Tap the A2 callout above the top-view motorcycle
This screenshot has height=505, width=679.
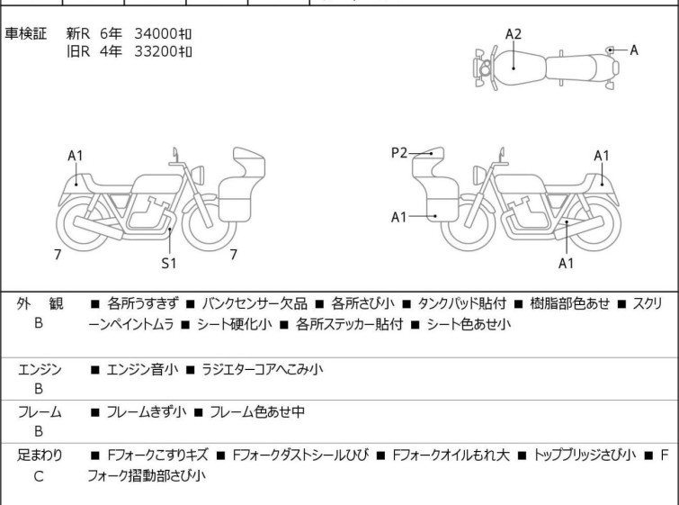pos(513,34)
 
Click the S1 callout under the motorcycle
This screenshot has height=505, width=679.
pos(168,264)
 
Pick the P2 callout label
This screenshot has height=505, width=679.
pos(399,154)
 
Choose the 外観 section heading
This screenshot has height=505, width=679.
pos(40,304)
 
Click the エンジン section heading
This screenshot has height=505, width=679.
pos(40,369)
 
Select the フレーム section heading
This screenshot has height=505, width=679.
pos(40,412)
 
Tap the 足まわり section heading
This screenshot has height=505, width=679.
pos(40,455)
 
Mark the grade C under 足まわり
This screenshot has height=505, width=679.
pos(39,476)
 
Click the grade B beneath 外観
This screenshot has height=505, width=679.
pos(39,324)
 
